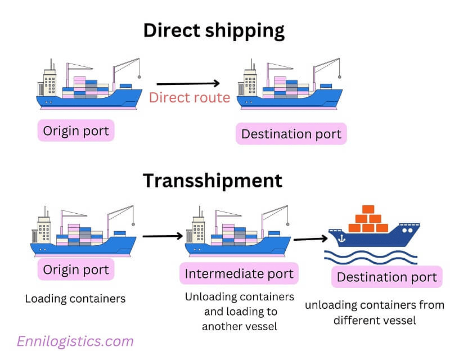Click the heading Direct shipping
tap(214, 30)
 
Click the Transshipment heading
tap(212, 181)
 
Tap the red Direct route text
tap(190, 98)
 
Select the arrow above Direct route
tap(188, 84)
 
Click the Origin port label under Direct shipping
tap(76, 131)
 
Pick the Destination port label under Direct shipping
tap(291, 134)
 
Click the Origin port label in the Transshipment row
tap(76, 269)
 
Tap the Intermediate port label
tap(239, 274)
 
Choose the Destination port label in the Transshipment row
tap(386, 277)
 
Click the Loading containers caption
tap(75, 299)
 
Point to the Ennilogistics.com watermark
tap(75, 341)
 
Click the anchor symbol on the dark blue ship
tap(341, 238)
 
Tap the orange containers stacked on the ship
tap(368, 219)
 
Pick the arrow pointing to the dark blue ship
tap(310, 238)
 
